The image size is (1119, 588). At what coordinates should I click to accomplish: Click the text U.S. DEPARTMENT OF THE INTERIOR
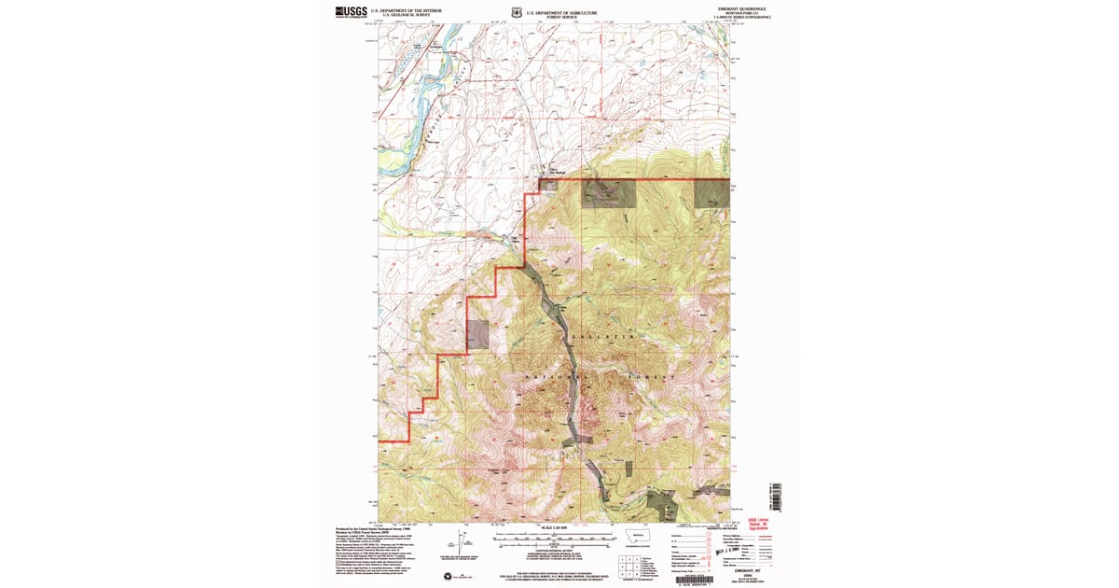click(x=407, y=10)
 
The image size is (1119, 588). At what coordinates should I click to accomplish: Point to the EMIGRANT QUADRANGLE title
click(x=753, y=7)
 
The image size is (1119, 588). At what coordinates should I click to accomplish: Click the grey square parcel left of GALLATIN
click(x=477, y=334)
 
